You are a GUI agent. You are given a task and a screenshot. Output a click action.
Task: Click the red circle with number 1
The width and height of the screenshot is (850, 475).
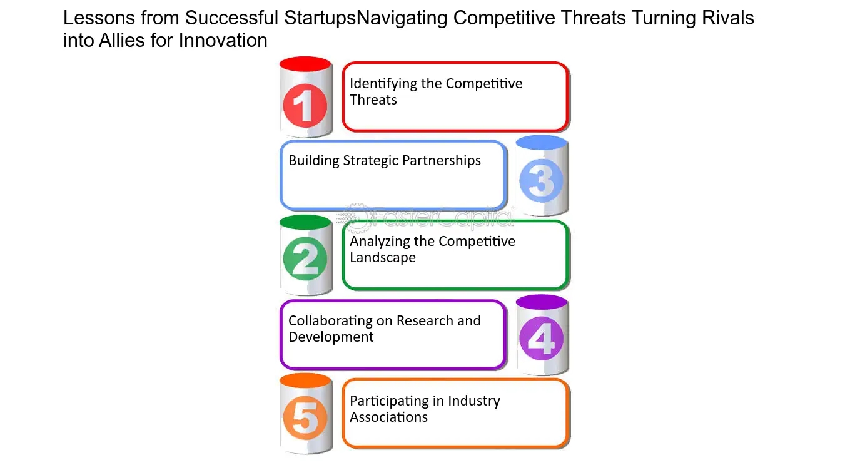[x=305, y=106]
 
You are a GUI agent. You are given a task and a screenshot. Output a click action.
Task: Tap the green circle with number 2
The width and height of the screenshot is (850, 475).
[x=305, y=259]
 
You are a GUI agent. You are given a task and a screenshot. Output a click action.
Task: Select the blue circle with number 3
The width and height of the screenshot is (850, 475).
[x=541, y=180]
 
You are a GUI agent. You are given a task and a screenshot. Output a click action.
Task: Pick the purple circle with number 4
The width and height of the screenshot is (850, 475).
[x=541, y=339]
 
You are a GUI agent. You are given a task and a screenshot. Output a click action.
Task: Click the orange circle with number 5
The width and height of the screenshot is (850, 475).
[x=305, y=417]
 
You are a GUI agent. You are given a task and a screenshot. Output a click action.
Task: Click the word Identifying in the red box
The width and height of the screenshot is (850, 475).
[x=383, y=84]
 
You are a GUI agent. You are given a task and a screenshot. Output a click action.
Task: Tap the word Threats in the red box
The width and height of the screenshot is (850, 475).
[x=373, y=100]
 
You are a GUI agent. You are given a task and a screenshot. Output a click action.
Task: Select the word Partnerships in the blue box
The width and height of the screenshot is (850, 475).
[x=442, y=161]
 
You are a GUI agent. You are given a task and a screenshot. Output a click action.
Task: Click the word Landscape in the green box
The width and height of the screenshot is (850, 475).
[x=383, y=257]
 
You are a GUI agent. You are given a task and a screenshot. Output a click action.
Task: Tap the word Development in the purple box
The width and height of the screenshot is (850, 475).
[x=331, y=337]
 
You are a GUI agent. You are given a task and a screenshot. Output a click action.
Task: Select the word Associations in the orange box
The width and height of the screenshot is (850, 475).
[x=388, y=417]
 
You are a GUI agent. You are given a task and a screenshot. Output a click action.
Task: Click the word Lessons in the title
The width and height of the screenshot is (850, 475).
[x=99, y=18]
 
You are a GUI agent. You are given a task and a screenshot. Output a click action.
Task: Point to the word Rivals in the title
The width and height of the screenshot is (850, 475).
[x=728, y=18]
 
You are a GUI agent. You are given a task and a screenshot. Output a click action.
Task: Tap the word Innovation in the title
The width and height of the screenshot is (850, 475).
[x=223, y=40]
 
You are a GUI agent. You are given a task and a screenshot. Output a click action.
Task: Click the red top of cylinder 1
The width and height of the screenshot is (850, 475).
[x=305, y=64]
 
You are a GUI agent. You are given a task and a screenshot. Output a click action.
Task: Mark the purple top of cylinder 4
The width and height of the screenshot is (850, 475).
[x=542, y=302]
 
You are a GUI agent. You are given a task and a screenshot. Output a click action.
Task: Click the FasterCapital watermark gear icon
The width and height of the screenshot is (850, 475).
[x=357, y=218]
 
